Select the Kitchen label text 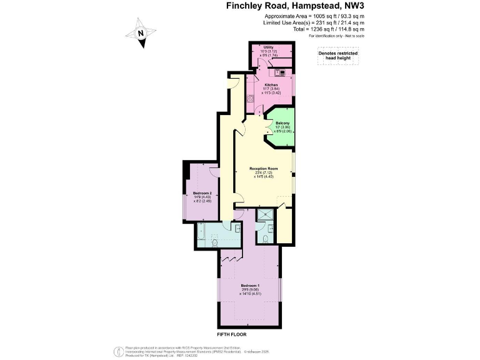click(271, 85)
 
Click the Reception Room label click(262, 169)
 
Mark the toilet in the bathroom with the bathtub click(214, 242)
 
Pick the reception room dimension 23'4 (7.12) click(262, 173)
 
